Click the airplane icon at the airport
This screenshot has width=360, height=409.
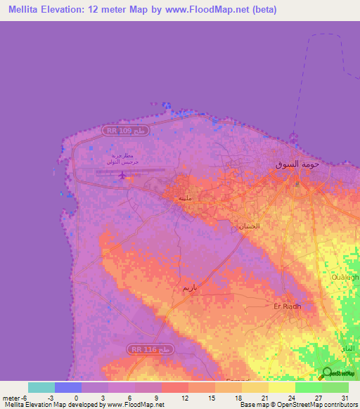click(x=124, y=174)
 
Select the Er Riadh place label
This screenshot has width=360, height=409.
click(x=286, y=306)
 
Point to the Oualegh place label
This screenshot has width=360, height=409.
click(x=345, y=277)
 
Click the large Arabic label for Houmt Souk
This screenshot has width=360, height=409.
click(x=298, y=164)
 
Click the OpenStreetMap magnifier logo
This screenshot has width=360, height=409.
click(x=326, y=373)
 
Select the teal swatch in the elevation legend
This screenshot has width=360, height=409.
click(x=41, y=387)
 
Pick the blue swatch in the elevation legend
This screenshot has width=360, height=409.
click(x=68, y=387)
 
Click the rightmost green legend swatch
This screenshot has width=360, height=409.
click(x=335, y=387)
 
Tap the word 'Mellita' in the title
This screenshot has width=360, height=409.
click(x=21, y=10)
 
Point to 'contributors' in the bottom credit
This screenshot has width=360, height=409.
click(x=340, y=405)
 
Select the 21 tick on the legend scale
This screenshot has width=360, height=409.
click(x=264, y=398)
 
